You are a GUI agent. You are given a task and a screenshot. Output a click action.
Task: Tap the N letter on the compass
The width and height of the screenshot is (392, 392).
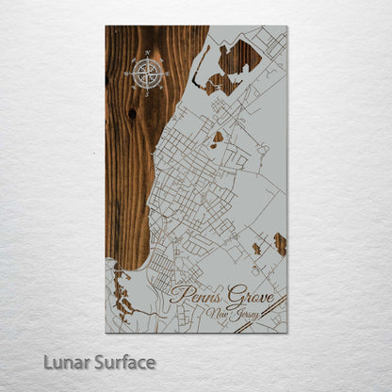[148, 53]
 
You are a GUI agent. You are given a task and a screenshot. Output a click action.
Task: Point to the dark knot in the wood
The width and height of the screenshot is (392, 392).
[131, 113]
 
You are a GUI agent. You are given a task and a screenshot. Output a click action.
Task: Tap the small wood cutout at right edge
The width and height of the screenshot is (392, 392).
[280, 244]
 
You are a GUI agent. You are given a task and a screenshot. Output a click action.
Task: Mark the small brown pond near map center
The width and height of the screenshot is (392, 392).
[219, 138]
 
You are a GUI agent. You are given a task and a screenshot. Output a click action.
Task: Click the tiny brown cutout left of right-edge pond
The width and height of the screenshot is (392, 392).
[256, 249]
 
